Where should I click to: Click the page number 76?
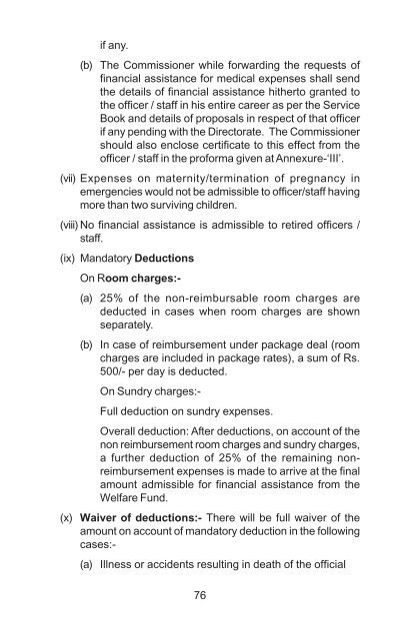pyautogui.click(x=200, y=596)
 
